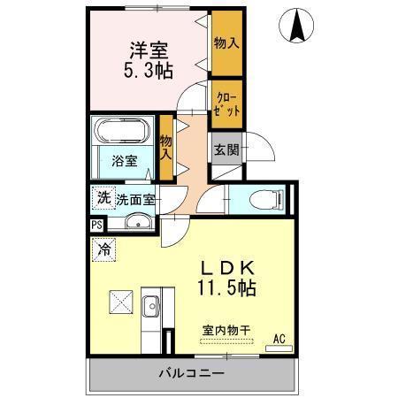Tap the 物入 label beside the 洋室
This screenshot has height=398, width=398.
(x=226, y=42)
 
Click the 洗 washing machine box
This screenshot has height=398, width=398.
(x=103, y=198)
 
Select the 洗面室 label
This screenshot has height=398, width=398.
(x=135, y=199)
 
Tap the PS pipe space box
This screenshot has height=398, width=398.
(x=96, y=225)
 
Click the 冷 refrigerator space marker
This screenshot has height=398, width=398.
(x=103, y=250)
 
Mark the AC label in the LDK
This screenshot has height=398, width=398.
(x=279, y=338)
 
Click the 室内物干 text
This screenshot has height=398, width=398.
(x=226, y=331)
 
